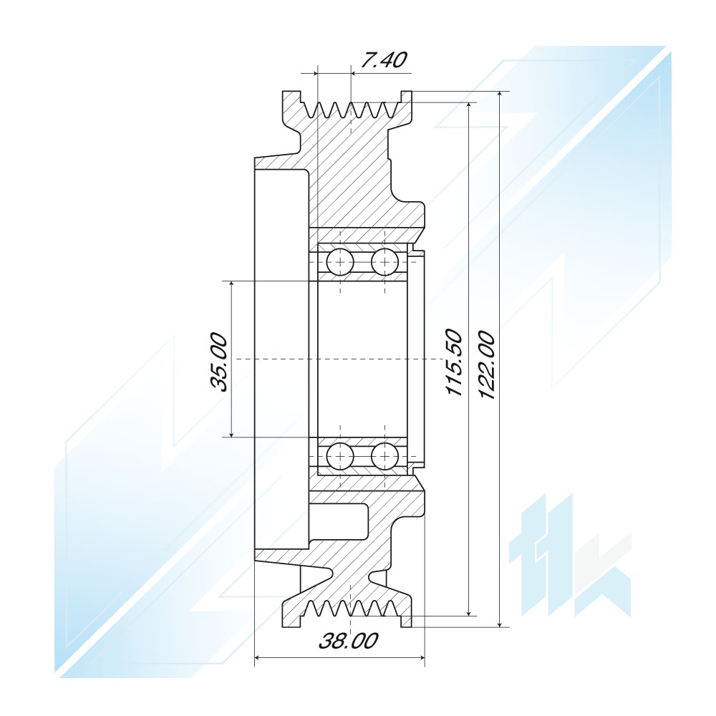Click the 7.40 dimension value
tap(382, 60)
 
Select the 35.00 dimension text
tap(218, 362)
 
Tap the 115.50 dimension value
tap(455, 362)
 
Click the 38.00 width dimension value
tap(349, 641)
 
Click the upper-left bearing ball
tap(340, 262)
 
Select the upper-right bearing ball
tap(384, 262)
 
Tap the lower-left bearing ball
tap(340, 455)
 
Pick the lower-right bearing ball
tap(384, 455)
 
